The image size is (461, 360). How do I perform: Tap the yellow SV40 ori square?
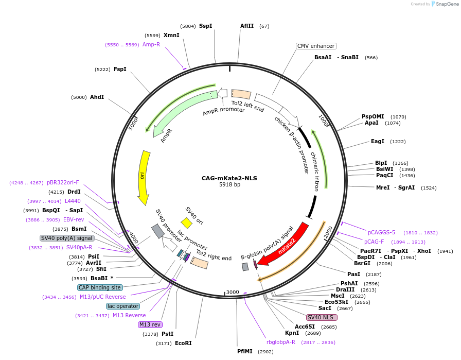186,223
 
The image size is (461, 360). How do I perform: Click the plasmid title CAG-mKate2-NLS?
229,178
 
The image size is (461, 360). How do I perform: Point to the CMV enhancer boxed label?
316,46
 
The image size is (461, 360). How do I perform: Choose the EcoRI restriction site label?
183,343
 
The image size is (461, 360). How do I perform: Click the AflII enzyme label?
247,26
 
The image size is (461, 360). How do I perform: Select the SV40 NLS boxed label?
322,317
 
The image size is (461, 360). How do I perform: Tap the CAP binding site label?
100,287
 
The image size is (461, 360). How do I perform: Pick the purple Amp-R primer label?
151,44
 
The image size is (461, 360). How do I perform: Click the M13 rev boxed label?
150,324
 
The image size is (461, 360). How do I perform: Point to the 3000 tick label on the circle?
232,292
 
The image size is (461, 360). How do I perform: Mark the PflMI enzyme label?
245,351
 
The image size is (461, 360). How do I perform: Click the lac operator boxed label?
123,306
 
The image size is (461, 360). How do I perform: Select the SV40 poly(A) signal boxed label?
67,238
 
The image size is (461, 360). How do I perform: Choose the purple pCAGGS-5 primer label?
381,233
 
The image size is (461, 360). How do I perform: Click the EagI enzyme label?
378,141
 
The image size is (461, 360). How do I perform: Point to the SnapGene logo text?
447,4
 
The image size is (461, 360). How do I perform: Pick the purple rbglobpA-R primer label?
281,342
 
